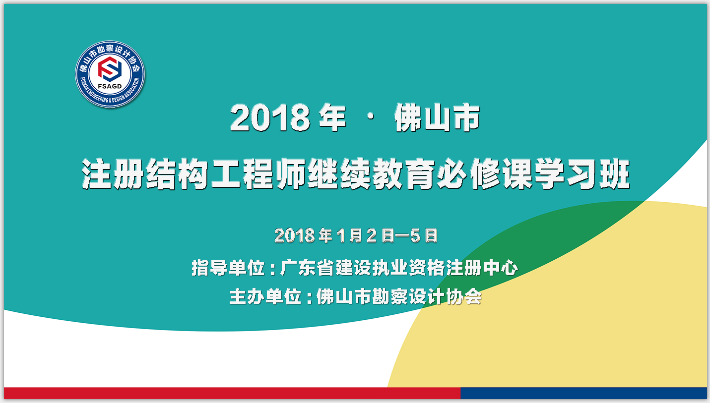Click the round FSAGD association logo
click(110, 74)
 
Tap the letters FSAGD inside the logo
click(110, 86)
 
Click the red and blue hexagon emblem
click(110, 68)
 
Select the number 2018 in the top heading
click(270, 117)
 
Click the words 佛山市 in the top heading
click(437, 117)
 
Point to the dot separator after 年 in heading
click(370, 117)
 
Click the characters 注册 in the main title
click(113, 174)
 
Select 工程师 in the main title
click(258, 174)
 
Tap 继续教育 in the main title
click(371, 174)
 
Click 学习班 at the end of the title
click(582, 174)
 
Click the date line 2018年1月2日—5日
click(356, 235)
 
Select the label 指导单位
click(228, 268)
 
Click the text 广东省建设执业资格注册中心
click(399, 268)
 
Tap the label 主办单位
click(265, 296)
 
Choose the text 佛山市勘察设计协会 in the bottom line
click(399, 296)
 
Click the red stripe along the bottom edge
click(232, 393)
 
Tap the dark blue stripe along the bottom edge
click(583, 393)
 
